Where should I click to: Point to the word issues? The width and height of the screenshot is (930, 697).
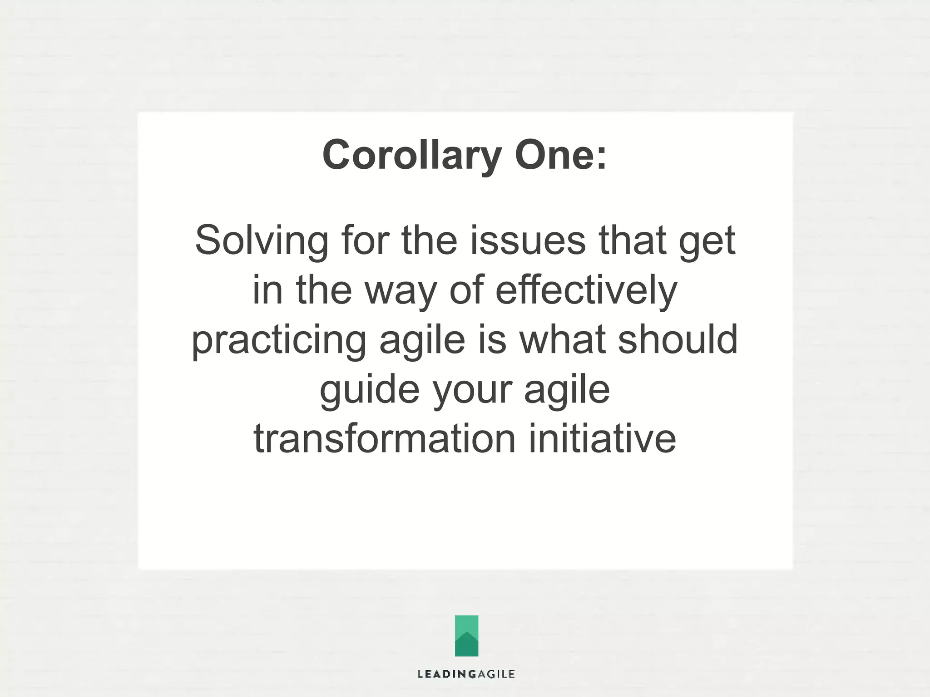[x=528, y=240]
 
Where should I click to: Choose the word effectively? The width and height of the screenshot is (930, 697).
[x=586, y=290]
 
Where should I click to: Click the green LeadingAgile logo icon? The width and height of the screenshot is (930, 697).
[x=466, y=635]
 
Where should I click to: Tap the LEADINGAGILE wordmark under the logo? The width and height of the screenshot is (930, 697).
[x=466, y=674]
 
